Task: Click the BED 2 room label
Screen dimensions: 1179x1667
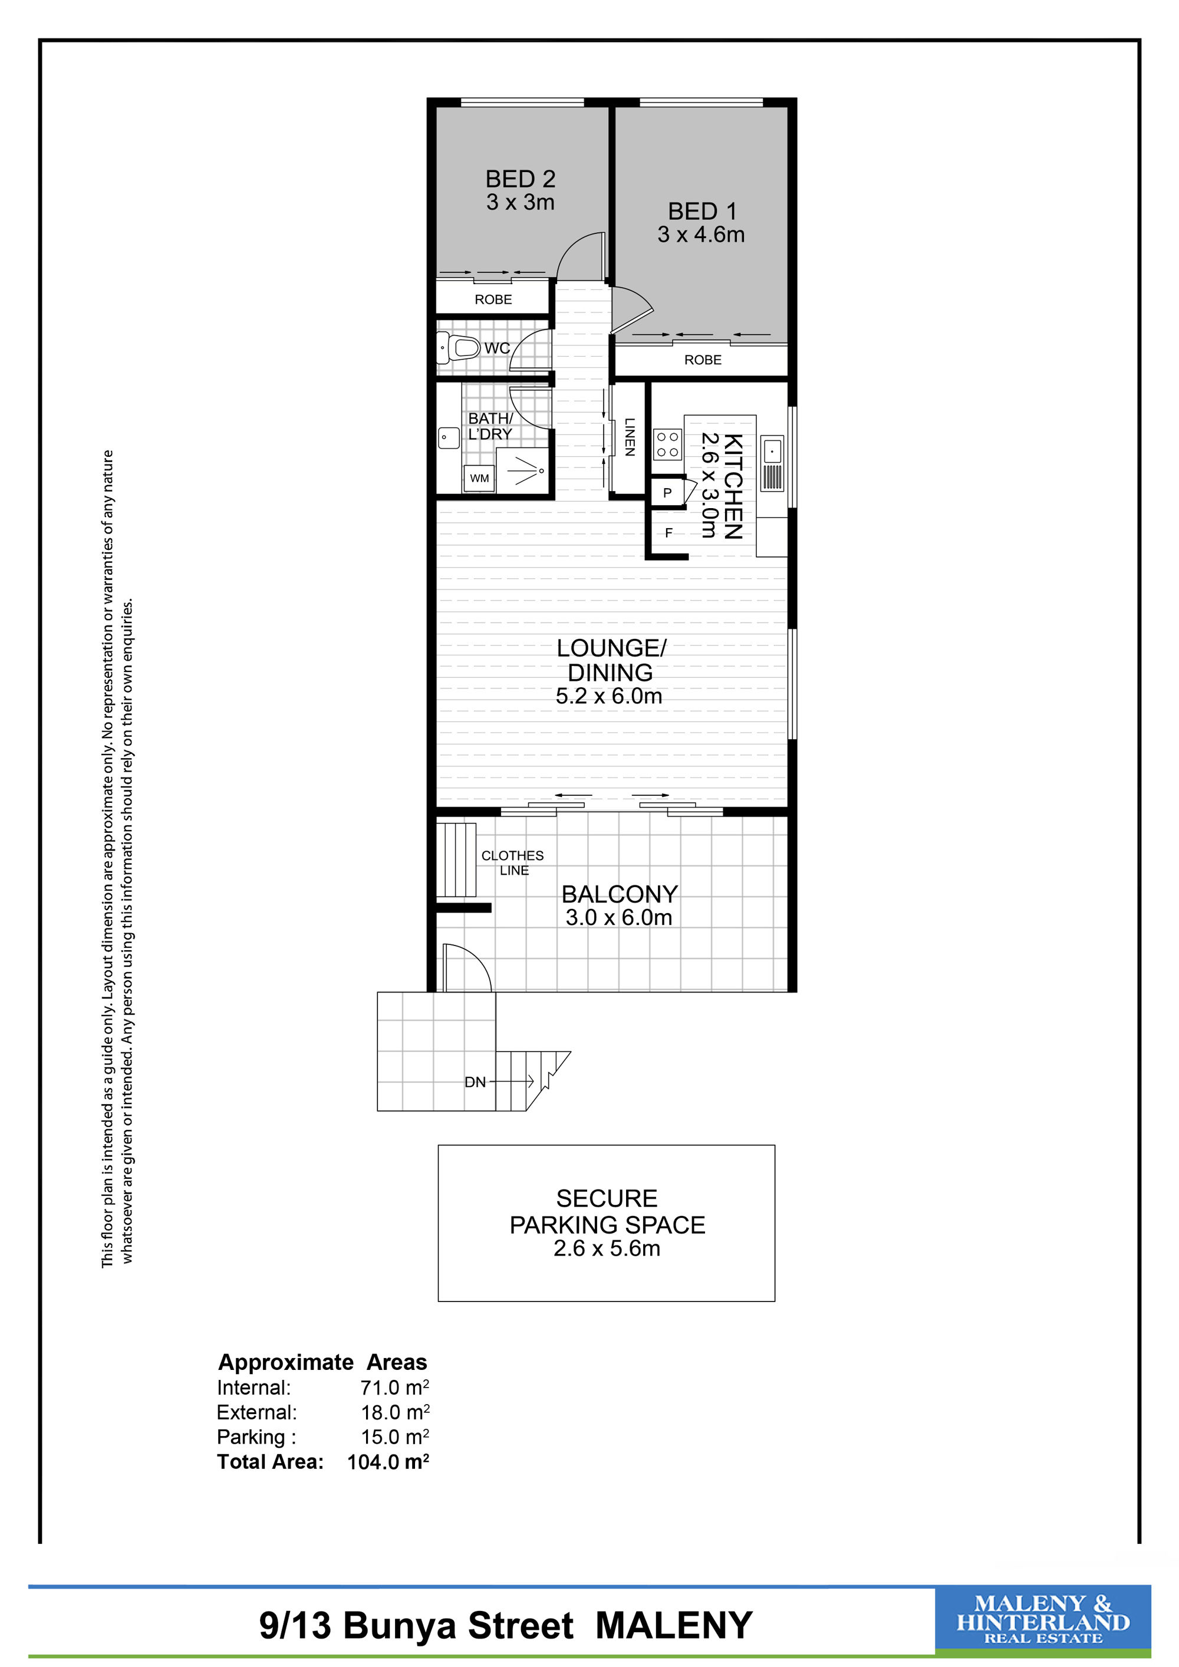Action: (x=521, y=179)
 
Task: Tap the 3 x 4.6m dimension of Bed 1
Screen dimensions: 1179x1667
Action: (x=702, y=235)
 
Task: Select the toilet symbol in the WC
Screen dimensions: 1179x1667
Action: (x=459, y=348)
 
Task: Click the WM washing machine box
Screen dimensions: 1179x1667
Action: (x=479, y=479)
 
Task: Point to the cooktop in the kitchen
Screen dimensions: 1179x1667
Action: (x=668, y=444)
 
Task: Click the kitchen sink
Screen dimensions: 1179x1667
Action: (x=772, y=463)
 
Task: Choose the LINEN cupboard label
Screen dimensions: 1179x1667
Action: (x=630, y=437)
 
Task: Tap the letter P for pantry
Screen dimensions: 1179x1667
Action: (x=667, y=493)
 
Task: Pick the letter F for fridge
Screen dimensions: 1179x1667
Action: (x=668, y=533)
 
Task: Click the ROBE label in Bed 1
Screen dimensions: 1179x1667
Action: (x=703, y=360)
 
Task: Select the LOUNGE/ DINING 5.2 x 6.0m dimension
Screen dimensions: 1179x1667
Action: (x=609, y=696)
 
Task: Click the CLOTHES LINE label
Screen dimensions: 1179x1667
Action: (x=512, y=862)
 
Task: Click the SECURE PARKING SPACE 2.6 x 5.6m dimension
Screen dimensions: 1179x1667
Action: (x=607, y=1248)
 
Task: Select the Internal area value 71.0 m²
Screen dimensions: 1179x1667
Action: (x=395, y=1388)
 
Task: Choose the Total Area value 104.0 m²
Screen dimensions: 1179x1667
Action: (x=388, y=1461)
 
